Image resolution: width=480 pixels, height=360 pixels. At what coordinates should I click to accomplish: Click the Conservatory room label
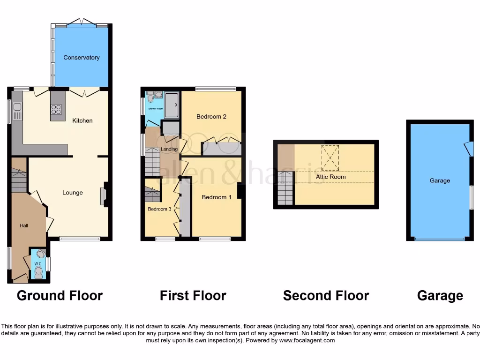[82, 58]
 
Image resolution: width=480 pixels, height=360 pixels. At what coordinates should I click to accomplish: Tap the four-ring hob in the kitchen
[56, 109]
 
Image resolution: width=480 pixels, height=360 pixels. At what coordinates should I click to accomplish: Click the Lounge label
[73, 193]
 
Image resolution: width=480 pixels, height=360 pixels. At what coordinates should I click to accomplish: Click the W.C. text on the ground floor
[38, 264]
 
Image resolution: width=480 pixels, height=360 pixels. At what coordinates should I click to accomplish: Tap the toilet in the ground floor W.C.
[38, 272]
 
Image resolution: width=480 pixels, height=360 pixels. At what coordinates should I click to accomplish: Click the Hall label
[24, 226]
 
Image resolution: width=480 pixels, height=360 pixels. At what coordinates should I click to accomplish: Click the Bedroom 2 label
[211, 117]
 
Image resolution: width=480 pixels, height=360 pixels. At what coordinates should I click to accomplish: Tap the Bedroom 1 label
[217, 197]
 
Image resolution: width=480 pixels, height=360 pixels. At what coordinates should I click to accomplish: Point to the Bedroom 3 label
[159, 209]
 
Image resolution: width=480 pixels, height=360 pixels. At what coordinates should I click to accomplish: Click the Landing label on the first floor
[169, 150]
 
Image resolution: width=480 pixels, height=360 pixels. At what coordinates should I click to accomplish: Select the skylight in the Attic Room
[330, 158]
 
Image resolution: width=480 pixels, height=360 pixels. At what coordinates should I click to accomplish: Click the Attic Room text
[330, 177]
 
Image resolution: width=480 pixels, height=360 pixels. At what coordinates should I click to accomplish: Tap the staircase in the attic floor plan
[285, 188]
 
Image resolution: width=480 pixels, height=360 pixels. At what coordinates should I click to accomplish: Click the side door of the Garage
[469, 149]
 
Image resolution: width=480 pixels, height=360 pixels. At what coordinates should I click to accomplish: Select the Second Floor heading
[326, 296]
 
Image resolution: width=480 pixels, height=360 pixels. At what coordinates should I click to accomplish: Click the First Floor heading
[193, 296]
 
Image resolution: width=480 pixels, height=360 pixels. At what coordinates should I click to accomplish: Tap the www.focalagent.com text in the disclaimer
[307, 340]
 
